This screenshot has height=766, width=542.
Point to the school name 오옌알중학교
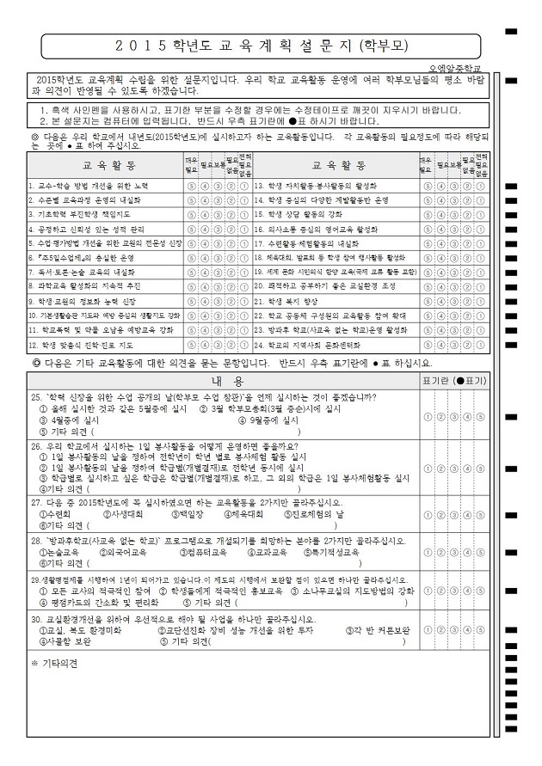click(x=456, y=67)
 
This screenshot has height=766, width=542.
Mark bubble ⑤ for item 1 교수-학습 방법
click(x=190, y=186)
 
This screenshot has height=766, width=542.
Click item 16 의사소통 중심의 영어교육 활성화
click(x=316, y=230)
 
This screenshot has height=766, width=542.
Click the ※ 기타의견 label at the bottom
click(x=54, y=664)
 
